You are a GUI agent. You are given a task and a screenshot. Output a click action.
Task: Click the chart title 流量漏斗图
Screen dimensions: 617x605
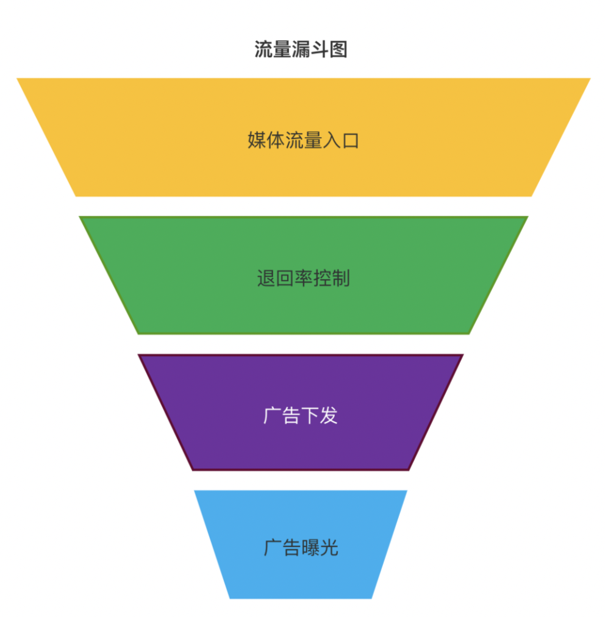pos(301,49)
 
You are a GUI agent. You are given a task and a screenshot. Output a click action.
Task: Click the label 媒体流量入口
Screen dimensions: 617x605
pos(303,140)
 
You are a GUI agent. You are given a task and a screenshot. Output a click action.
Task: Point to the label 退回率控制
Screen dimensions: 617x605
pos(303,279)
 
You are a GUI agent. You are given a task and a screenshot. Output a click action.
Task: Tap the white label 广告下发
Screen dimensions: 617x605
pos(301,416)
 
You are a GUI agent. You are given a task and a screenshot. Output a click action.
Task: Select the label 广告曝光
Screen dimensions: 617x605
pos(301,547)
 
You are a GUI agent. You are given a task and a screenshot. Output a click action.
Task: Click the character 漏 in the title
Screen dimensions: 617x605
pos(301,49)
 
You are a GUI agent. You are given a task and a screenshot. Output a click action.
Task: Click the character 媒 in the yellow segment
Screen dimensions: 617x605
pos(257,140)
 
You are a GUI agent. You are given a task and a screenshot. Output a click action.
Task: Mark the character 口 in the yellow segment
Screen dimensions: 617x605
pos(350,140)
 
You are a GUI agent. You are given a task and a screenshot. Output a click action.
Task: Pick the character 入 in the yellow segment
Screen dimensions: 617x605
pos(331,140)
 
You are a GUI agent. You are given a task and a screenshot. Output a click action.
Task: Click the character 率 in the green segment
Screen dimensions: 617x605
pos(303,279)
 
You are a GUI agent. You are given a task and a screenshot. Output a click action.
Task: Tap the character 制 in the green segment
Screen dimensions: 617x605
pos(341,279)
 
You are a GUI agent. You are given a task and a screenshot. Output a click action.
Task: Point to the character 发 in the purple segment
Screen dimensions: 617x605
pos(329,416)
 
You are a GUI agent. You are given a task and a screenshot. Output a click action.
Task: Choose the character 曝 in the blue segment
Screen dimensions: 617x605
pos(310,547)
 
